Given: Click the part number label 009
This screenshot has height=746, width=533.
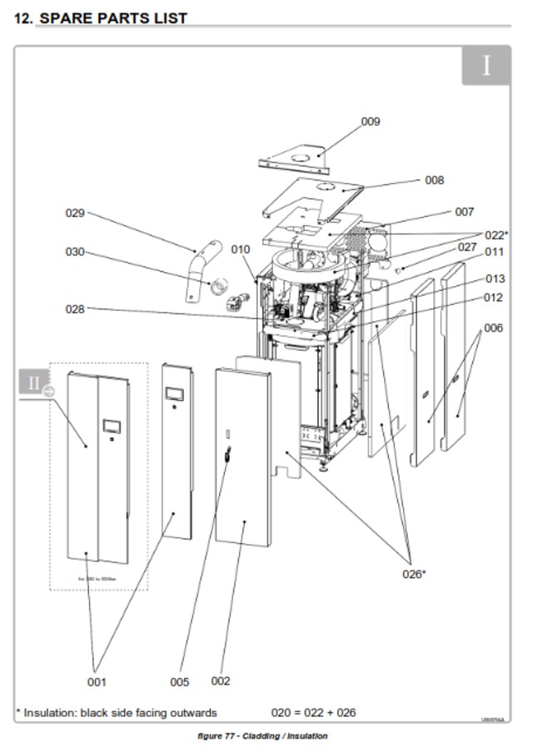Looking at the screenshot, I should (370, 121).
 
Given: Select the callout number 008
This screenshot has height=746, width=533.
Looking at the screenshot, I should (434, 180).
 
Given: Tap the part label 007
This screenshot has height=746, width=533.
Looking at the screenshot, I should (464, 212).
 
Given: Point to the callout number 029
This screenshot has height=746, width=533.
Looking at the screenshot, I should (75, 213).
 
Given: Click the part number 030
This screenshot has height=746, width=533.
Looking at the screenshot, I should (75, 251).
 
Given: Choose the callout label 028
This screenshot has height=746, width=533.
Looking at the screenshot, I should (75, 309).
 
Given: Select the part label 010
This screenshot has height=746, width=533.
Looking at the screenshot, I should (241, 249).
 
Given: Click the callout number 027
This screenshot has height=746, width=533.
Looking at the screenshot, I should (467, 247).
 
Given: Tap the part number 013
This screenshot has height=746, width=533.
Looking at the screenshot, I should (495, 279).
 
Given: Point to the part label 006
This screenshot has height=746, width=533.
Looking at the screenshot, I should (493, 328).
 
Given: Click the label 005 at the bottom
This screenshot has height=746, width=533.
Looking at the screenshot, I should (179, 682).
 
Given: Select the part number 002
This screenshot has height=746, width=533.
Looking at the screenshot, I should (220, 681).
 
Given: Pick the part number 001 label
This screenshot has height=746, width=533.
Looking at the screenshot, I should (97, 682).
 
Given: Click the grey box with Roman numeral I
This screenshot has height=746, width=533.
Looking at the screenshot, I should (486, 66).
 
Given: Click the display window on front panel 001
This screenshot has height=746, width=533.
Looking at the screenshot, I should (111, 427).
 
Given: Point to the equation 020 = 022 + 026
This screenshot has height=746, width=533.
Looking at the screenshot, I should (313, 713).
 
